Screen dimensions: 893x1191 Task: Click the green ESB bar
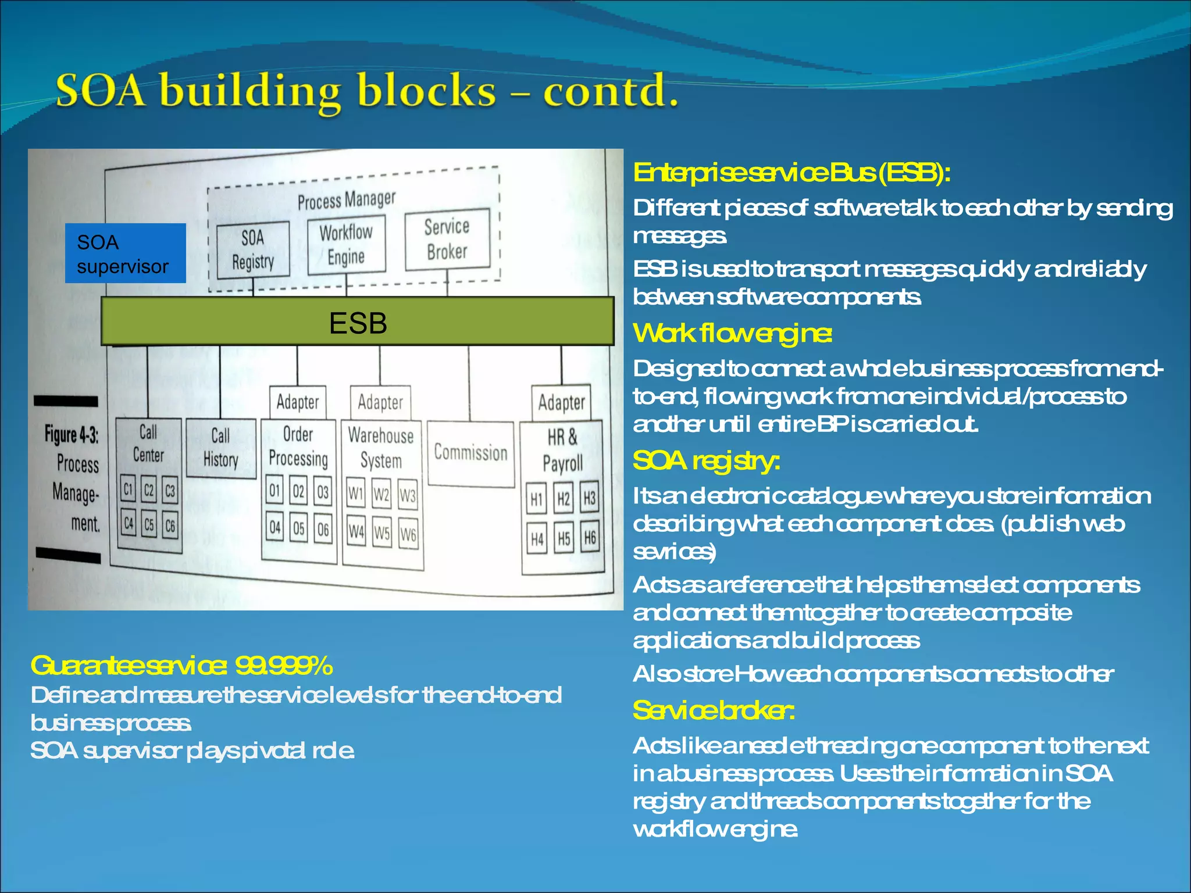[357, 322]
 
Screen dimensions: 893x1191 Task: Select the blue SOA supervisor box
[125, 253]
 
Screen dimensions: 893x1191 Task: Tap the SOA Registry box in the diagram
[252, 249]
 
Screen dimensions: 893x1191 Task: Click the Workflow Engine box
[346, 244]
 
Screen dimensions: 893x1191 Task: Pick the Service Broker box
[447, 240]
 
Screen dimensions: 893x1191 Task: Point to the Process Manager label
[347, 200]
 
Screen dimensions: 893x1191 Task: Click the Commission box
[470, 453]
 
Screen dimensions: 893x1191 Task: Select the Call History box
[221, 448]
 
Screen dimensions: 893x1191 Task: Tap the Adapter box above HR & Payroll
[561, 402]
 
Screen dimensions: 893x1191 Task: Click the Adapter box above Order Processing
[298, 402]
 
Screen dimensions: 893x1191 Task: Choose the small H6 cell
[590, 538]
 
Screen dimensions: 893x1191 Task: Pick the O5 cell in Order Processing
[298, 528]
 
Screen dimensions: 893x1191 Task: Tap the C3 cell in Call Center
[170, 491]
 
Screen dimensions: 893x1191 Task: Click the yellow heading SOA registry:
[706, 461]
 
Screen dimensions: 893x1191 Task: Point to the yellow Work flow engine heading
[732, 334]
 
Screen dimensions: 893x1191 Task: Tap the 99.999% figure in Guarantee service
[284, 666]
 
